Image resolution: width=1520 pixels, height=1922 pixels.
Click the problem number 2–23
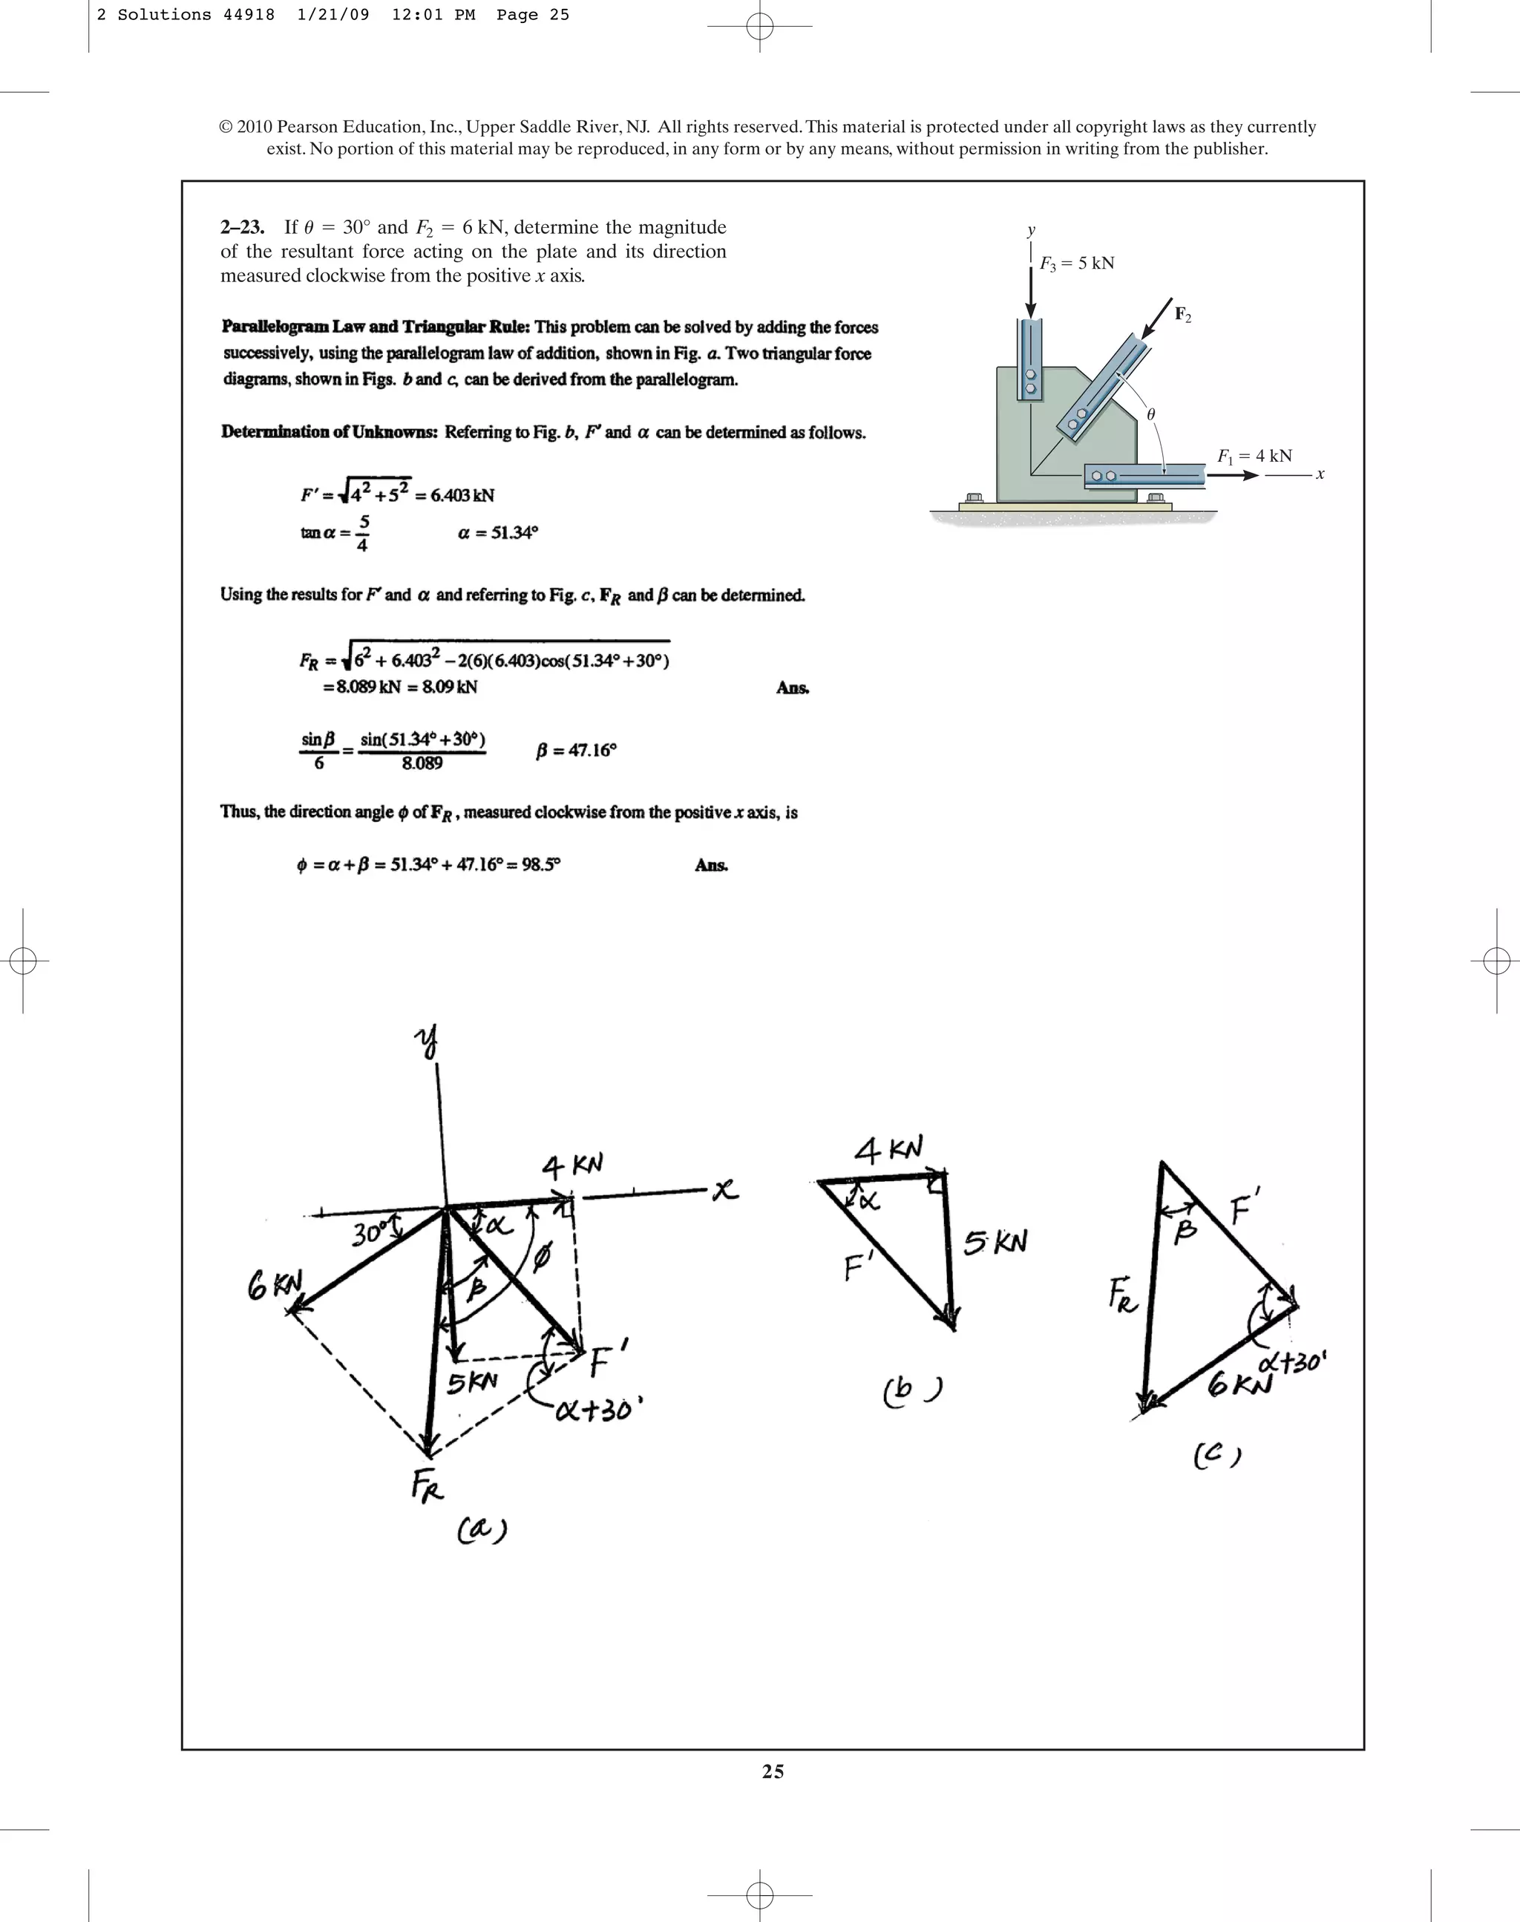pyautogui.click(x=241, y=228)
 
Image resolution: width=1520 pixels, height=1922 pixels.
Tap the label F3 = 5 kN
pyautogui.click(x=1077, y=264)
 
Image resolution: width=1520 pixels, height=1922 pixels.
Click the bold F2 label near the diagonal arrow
pyautogui.click(x=1183, y=314)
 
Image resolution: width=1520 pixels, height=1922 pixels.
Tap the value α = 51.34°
pyautogui.click(x=497, y=533)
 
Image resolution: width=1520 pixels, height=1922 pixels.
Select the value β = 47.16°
pyautogui.click(x=576, y=751)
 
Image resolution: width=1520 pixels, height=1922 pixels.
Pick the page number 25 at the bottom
pyautogui.click(x=773, y=1771)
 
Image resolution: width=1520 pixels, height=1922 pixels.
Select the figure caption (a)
pyautogui.click(x=482, y=1530)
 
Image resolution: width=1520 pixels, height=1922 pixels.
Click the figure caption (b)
pyautogui.click(x=913, y=1390)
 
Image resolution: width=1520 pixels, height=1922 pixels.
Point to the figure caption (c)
pyautogui.click(x=1216, y=1456)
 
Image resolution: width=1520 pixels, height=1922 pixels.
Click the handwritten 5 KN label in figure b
pyautogui.click(x=995, y=1243)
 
